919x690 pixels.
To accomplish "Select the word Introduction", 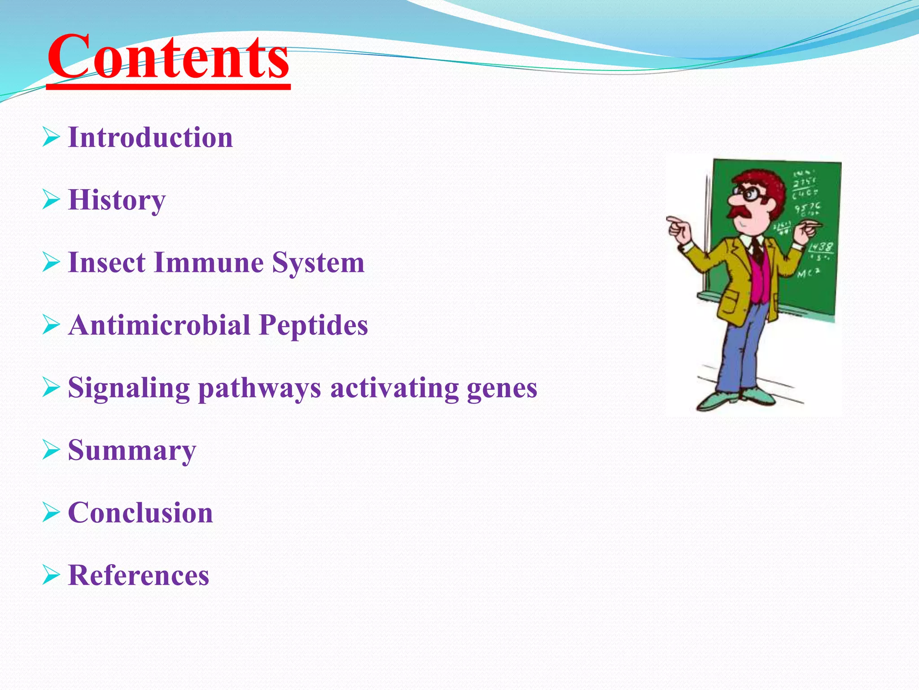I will [150, 137].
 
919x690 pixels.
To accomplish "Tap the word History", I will [117, 200].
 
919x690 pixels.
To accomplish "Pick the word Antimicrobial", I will [159, 325].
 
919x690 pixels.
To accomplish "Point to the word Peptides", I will [313, 325].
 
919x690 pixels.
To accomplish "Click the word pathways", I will [259, 388].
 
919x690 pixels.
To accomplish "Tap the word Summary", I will [132, 451].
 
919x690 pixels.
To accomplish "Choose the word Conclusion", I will [140, 513].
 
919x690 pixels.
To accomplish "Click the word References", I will [138, 575].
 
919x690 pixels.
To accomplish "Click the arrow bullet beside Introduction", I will [51, 137].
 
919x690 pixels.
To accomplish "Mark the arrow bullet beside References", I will [51, 575].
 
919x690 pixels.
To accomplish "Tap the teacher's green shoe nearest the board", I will [758, 395].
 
